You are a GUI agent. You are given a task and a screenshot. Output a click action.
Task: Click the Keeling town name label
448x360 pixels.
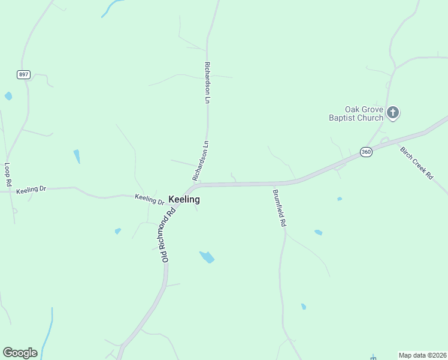point(184,199)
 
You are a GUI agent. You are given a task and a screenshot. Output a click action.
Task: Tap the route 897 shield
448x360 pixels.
point(23,74)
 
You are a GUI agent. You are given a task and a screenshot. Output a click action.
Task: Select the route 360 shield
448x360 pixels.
point(366,152)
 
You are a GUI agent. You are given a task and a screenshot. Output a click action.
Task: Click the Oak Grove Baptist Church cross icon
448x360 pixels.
point(393,112)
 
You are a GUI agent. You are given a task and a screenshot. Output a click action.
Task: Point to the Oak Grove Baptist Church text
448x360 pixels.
point(356,113)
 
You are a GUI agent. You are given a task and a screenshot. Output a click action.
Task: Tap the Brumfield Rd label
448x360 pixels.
point(279,208)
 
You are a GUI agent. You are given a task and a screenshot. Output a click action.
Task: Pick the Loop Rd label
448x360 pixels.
point(8,175)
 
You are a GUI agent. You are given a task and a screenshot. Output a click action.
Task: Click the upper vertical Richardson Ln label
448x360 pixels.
point(207,82)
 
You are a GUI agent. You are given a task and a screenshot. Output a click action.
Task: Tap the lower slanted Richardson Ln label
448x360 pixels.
point(200,161)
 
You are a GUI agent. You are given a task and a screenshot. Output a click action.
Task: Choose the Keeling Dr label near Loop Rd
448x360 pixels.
point(31,190)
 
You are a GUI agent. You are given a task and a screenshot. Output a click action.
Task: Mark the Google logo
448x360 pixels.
point(20,352)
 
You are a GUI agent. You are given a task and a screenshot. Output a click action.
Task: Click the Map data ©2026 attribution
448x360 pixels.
point(422,355)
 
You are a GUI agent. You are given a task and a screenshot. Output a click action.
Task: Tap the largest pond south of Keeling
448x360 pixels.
point(207,257)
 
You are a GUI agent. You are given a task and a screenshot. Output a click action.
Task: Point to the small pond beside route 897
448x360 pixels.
point(8,95)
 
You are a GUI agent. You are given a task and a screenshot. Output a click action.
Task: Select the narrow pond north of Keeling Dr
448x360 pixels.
point(77,156)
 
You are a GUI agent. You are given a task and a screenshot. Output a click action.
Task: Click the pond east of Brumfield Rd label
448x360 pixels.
point(318,232)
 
